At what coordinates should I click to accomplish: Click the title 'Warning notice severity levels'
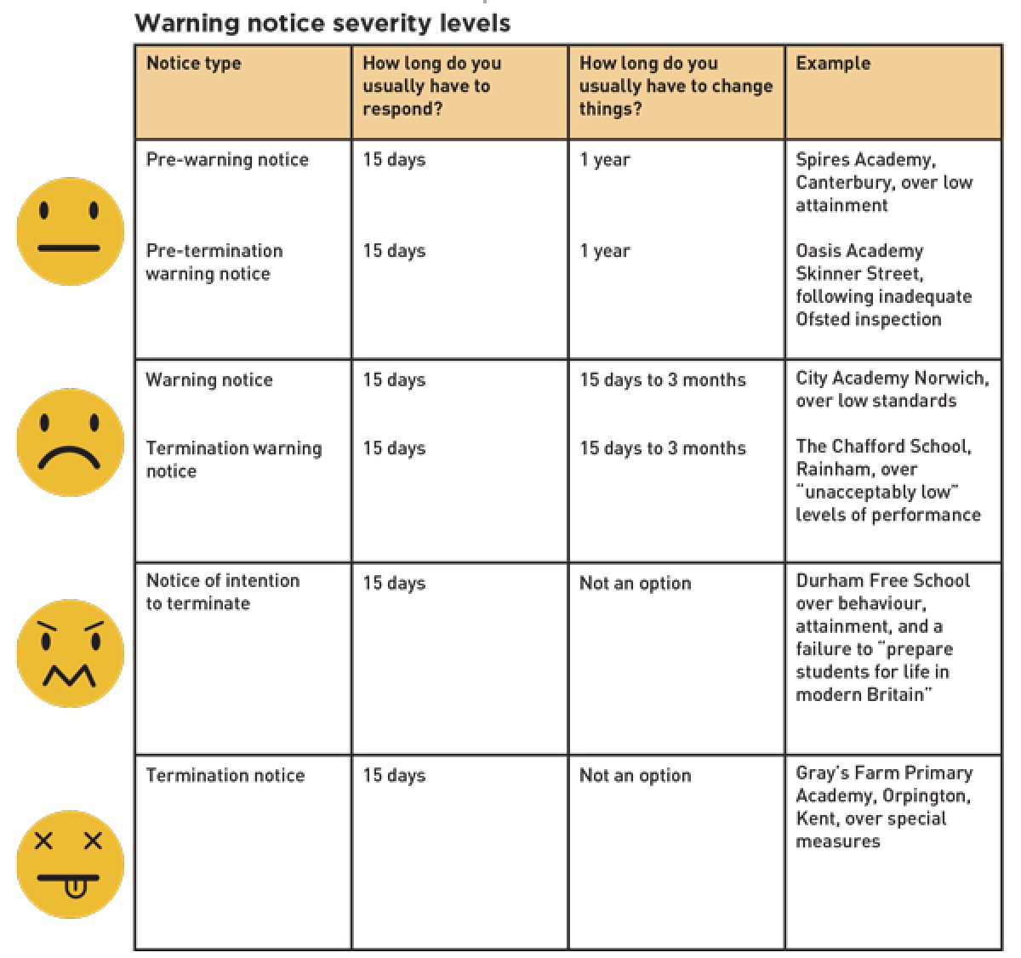point(322,23)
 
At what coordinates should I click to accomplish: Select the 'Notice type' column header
point(193,63)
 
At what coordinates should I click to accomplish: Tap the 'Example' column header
point(833,63)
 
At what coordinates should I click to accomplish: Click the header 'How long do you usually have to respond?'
point(431,86)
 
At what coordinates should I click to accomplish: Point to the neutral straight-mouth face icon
point(71,231)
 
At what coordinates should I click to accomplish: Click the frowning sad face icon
point(71,442)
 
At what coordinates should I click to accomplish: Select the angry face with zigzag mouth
point(71,653)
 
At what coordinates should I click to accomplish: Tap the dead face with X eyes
point(71,864)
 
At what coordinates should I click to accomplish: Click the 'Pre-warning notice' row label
point(227,160)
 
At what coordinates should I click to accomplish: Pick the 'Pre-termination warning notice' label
point(214,262)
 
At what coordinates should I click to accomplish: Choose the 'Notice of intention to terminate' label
point(222,592)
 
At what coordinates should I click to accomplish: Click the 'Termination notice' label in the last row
point(225,776)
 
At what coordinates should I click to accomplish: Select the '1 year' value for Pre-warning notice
point(604,160)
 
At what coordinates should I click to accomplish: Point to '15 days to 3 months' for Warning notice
point(662,380)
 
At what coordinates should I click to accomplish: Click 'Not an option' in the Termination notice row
point(635,776)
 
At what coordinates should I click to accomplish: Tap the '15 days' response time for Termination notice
point(394,776)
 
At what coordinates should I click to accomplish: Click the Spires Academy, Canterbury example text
point(883,182)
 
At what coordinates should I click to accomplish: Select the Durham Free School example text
point(881,637)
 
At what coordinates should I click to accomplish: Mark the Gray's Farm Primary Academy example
point(883,807)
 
